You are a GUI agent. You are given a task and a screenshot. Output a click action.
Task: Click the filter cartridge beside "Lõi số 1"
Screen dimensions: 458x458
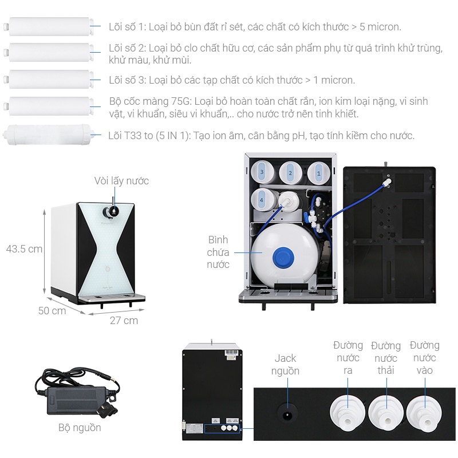coord(50,26)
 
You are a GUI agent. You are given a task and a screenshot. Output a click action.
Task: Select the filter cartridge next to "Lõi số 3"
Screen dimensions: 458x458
coord(50,79)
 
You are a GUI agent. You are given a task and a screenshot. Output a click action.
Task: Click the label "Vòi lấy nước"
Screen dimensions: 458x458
coord(121,181)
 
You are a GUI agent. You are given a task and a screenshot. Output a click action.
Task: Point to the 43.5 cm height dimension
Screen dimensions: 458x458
coord(24,249)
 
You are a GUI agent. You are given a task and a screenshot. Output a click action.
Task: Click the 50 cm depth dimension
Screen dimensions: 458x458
coord(52,310)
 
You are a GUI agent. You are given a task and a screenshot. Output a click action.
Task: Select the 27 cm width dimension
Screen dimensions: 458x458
coord(124,320)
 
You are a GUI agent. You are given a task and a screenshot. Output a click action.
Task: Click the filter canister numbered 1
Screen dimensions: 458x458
coord(319,172)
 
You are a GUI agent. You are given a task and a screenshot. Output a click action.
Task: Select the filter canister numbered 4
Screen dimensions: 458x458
coord(262,200)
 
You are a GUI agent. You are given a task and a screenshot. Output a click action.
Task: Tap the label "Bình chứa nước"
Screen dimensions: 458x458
coord(218,252)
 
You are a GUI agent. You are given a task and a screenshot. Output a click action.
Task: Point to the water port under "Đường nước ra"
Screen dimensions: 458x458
coord(348,410)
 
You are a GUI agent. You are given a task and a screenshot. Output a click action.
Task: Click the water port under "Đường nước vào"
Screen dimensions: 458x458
coord(424,410)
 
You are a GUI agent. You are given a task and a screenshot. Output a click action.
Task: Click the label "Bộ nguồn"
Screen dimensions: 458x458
coord(80,428)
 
